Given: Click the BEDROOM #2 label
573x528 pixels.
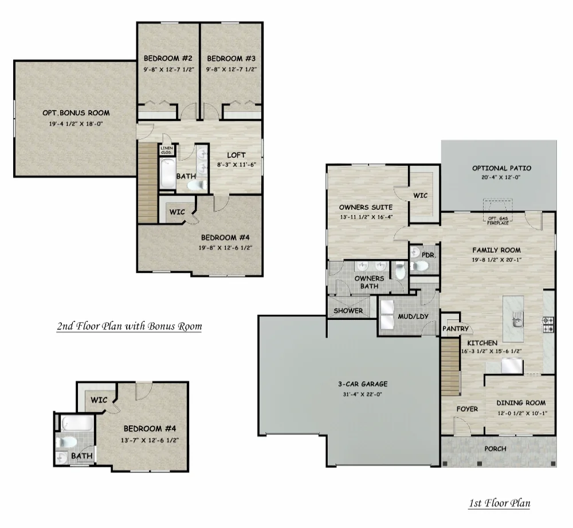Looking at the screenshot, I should point(167,58).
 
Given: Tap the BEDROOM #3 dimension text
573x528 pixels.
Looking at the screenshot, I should point(231,69).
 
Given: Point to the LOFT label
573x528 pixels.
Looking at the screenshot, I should point(236,155).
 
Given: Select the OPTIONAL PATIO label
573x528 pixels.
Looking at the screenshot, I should point(501,168).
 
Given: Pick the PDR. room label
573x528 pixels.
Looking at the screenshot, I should point(427,254).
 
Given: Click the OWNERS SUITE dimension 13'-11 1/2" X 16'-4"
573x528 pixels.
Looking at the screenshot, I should point(366,218).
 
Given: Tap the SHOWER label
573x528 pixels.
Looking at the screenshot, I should point(348,311).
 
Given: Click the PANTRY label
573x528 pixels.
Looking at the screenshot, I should point(456,329).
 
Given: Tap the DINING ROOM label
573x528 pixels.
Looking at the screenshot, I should point(520,402).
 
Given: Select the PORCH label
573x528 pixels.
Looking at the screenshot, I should point(495,448).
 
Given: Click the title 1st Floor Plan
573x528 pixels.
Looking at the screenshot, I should point(499,504).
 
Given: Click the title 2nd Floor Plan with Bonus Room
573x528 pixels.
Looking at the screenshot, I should point(129,327).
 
